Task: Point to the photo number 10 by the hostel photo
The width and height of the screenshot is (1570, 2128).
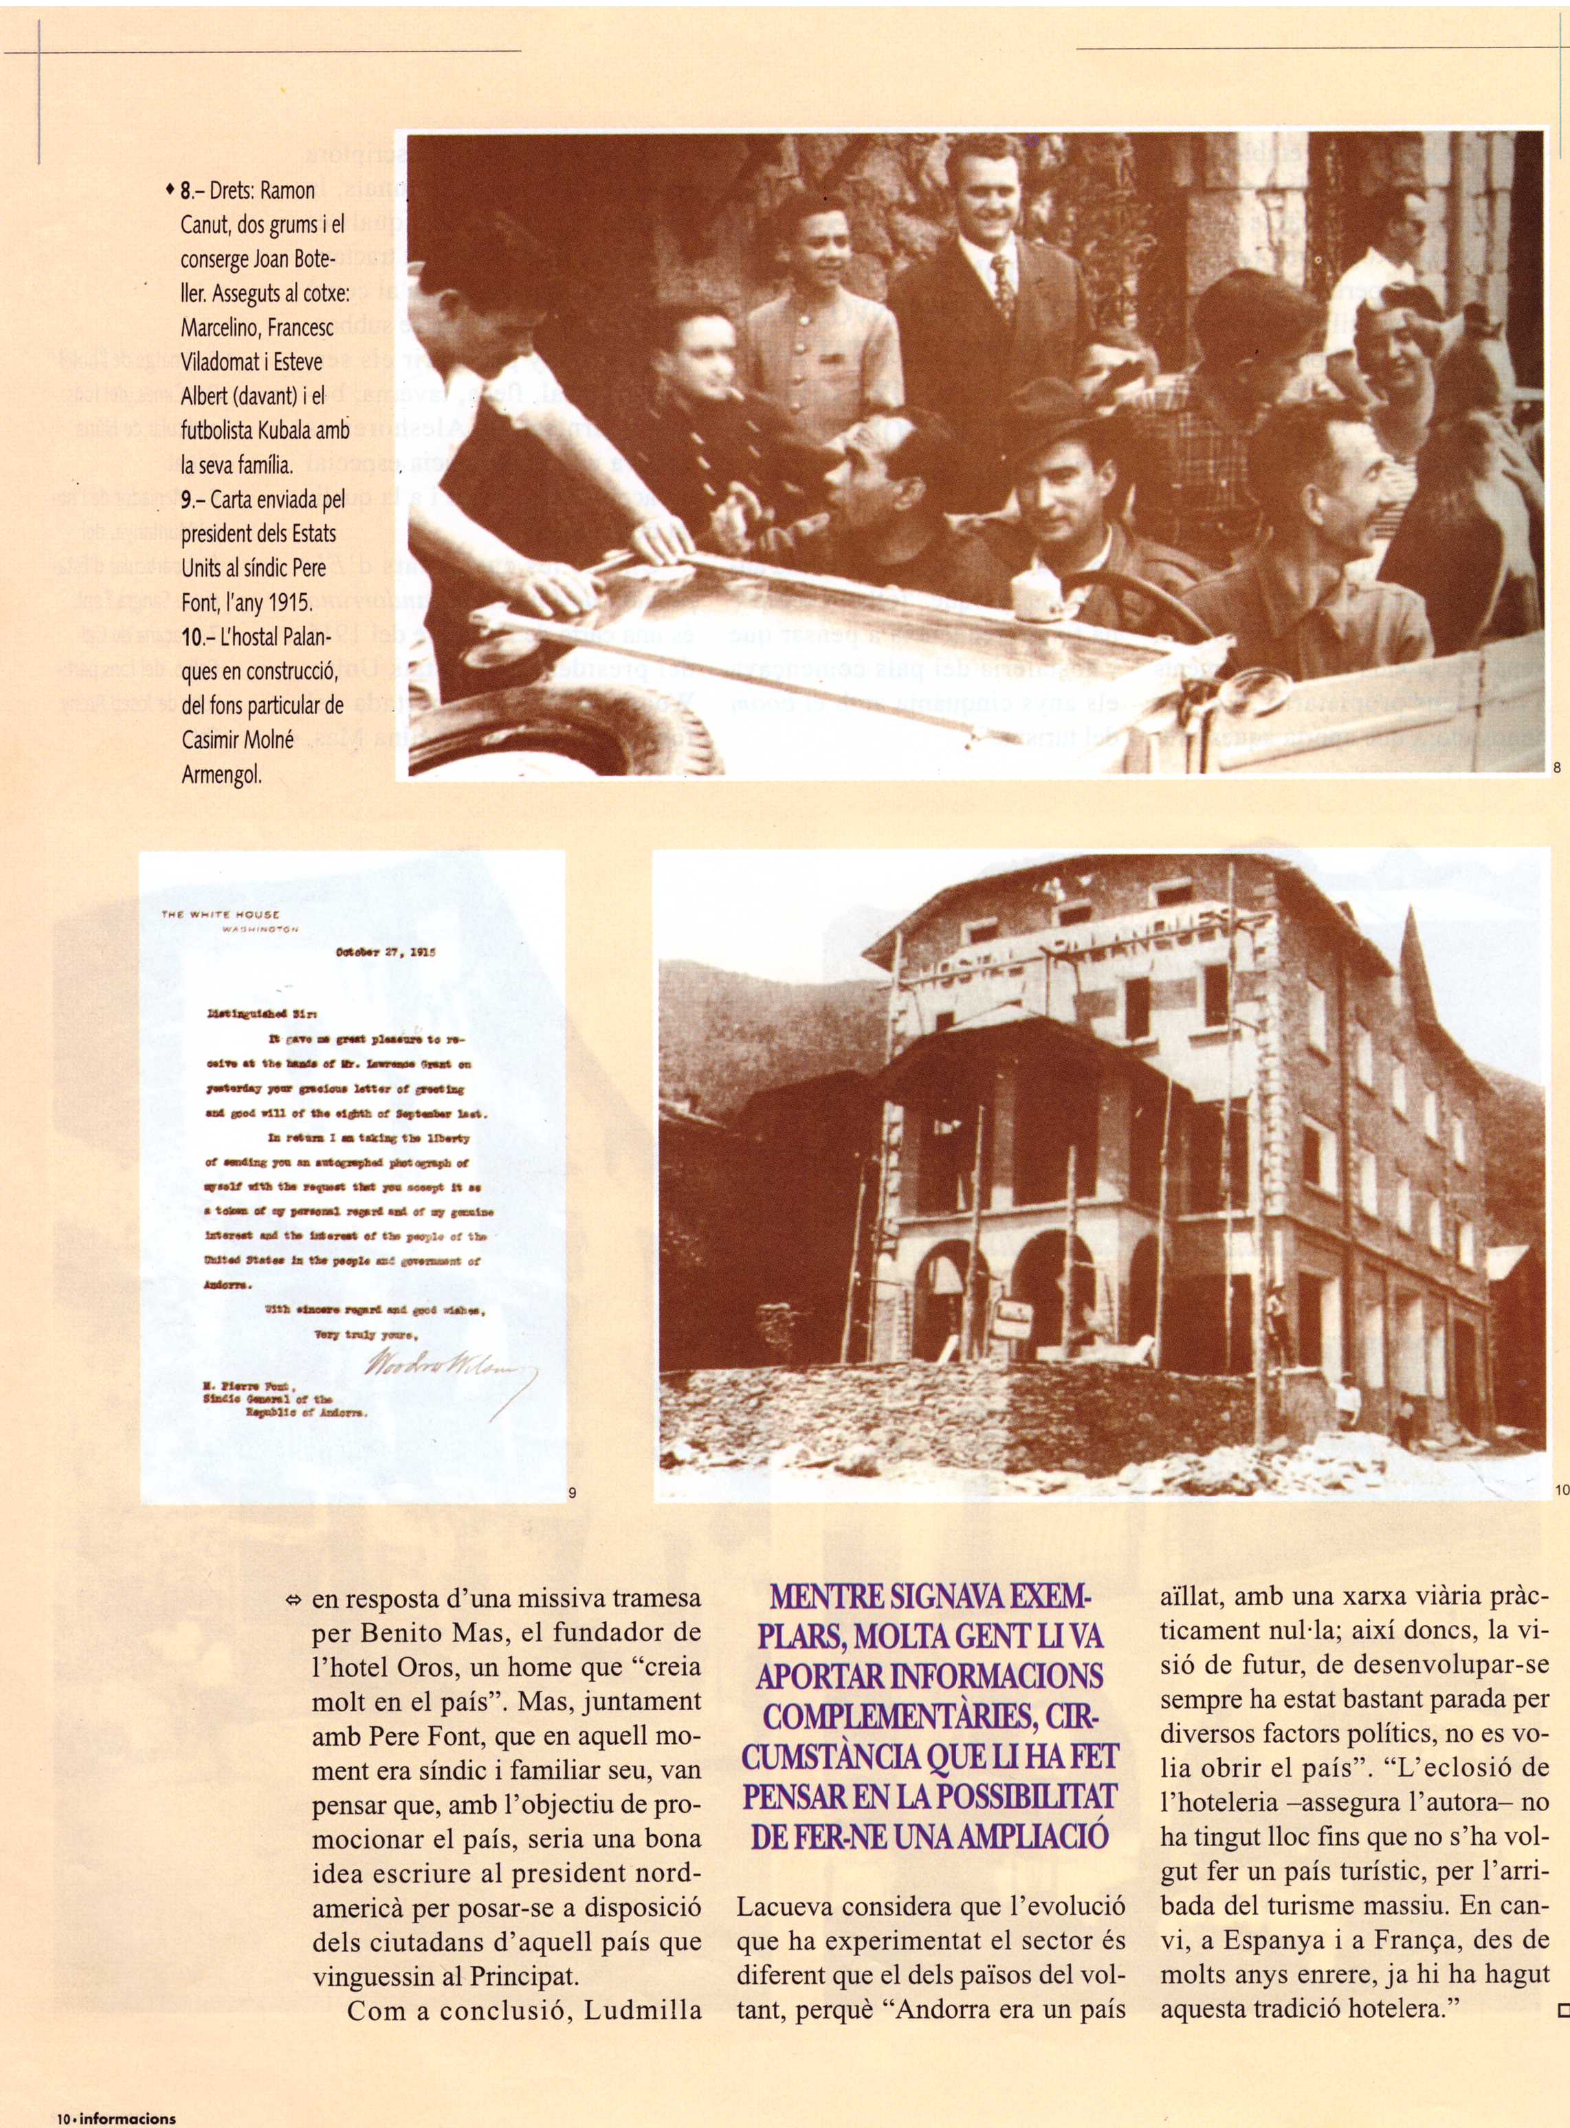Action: click(1562, 1490)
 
